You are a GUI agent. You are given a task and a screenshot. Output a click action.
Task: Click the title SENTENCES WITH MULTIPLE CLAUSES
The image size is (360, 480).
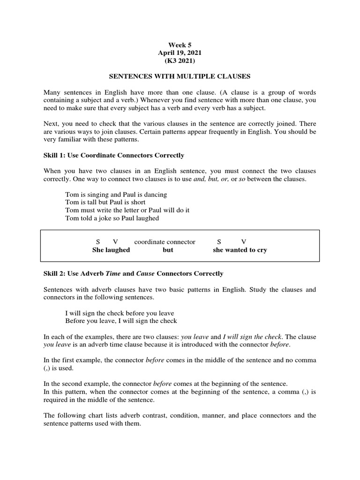[x=180, y=76]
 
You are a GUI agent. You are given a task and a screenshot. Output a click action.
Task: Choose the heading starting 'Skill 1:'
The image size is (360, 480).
[x=114, y=155]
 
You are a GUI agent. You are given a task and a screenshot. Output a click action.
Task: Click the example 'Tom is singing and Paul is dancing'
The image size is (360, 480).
[x=116, y=194]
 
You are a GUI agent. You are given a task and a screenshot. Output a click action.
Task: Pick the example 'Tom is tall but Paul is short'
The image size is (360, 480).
[x=105, y=202]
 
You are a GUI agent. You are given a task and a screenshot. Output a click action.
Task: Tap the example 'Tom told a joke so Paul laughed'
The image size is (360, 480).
[x=112, y=218]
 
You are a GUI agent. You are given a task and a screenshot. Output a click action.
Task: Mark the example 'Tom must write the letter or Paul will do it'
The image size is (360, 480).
[x=127, y=210]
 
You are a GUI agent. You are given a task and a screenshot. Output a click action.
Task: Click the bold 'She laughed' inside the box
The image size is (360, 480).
[x=111, y=250]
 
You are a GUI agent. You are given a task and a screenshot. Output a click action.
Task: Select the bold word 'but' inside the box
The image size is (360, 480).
[x=168, y=250]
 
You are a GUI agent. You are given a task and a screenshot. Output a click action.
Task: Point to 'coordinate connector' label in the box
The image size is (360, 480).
[x=165, y=242]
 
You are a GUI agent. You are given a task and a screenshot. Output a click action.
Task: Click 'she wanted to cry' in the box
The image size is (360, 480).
[x=240, y=250]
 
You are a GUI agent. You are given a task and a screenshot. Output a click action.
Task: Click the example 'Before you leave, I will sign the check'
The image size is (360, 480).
[x=121, y=321]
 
